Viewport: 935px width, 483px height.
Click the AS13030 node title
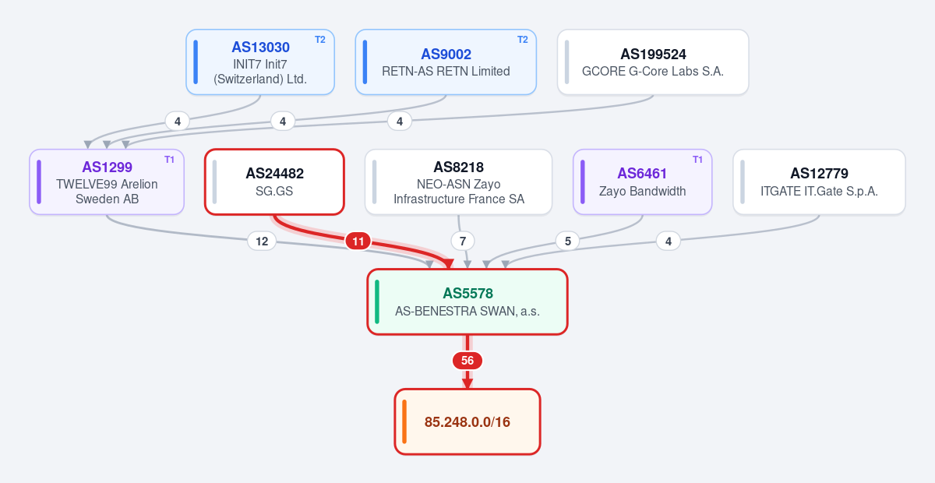(260, 48)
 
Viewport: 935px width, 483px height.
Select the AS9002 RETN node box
(446, 62)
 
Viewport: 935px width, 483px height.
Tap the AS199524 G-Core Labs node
(653, 62)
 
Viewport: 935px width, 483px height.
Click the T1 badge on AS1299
(170, 160)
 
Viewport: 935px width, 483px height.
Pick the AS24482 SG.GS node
(274, 182)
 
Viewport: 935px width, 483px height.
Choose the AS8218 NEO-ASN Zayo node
(458, 182)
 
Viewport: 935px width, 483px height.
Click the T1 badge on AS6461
(697, 160)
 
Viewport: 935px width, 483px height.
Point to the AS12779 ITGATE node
(819, 182)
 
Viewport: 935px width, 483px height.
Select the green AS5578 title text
(467, 294)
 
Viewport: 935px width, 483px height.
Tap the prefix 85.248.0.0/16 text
(467, 422)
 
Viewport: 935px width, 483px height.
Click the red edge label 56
(467, 361)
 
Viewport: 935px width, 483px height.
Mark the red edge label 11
(358, 241)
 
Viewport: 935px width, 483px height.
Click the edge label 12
(262, 241)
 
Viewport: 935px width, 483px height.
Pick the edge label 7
(463, 241)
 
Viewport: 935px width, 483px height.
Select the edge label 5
(568, 241)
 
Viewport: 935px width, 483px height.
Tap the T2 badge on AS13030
(319, 40)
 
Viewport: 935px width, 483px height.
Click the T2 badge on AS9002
(523, 40)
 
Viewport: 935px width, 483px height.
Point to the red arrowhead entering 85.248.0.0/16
(467, 383)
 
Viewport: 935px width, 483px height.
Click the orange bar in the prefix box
(404, 421)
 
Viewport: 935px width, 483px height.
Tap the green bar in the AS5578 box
(377, 301)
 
